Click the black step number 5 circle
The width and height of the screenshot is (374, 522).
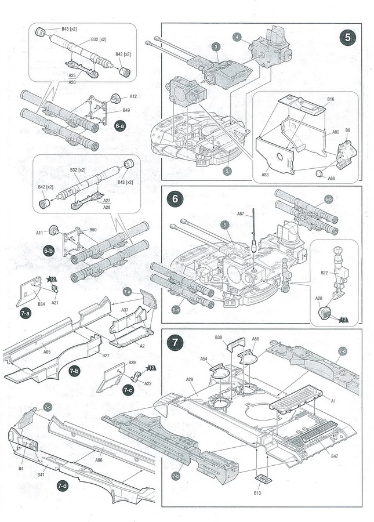click(348, 37)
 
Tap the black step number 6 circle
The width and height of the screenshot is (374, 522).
click(175, 199)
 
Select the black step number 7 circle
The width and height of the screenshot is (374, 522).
click(175, 343)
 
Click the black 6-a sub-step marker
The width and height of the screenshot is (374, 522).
click(120, 126)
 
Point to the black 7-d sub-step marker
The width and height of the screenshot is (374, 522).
click(62, 485)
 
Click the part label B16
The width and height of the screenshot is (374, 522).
click(331, 99)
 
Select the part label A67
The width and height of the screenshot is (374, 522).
click(241, 213)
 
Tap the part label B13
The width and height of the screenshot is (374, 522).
click(257, 492)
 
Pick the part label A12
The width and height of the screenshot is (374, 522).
click(133, 96)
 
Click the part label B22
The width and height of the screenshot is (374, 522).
click(324, 273)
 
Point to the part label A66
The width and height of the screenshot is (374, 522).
click(99, 460)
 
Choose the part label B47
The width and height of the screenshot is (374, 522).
click(334, 456)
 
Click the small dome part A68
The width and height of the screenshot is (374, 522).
click(319, 173)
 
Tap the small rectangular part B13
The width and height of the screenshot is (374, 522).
click(263, 480)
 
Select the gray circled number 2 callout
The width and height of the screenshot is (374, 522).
click(227, 171)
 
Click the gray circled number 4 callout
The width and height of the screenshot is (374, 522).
click(237, 37)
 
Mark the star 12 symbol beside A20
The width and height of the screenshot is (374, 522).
click(343, 320)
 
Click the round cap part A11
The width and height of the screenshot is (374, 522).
click(53, 230)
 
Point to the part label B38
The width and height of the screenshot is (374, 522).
click(218, 337)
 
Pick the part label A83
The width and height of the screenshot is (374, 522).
click(265, 175)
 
